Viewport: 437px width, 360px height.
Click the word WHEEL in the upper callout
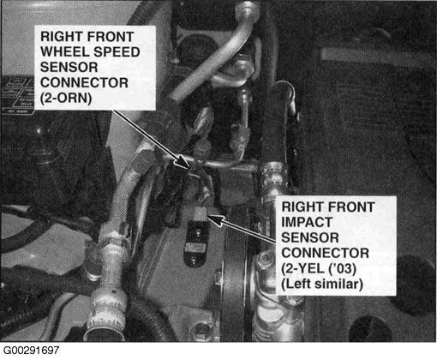[65, 52]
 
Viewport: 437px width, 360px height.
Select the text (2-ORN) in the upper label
[66, 99]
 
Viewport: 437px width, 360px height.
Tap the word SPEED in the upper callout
[117, 52]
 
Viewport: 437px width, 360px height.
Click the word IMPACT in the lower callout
[307, 222]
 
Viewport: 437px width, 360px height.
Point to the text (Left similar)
[322, 284]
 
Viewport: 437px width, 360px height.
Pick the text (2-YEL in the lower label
[303, 268]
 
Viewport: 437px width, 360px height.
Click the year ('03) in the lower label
[343, 268]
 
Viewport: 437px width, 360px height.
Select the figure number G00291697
[31, 351]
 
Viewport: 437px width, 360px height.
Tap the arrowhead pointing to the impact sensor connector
[215, 219]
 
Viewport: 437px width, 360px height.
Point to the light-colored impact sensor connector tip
[200, 213]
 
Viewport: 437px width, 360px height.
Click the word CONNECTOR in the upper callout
[84, 83]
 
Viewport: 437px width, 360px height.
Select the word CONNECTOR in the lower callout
[326, 253]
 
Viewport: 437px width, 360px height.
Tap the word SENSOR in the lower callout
[310, 237]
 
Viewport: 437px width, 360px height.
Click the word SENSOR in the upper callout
[69, 68]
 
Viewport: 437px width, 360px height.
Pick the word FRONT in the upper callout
[110, 37]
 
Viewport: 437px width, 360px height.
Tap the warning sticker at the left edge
[18, 94]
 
